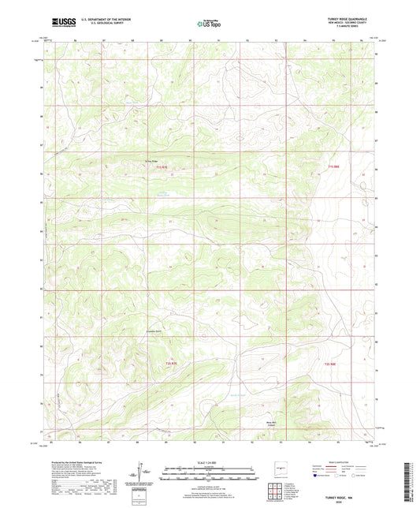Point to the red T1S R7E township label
(162, 167)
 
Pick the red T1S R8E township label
(337, 166)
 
